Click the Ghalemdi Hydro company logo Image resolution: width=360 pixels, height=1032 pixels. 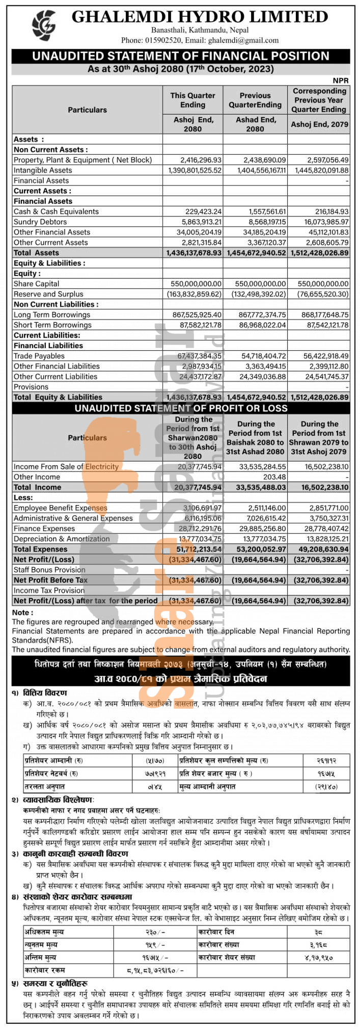tap(44, 25)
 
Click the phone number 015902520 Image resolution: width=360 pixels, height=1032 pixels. tap(162, 40)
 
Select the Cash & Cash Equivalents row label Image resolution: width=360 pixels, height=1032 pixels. tap(56, 211)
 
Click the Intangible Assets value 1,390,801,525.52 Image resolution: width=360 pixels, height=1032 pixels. tap(194, 170)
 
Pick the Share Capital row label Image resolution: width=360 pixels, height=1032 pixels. tap(36, 284)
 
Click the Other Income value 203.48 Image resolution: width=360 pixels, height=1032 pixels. tap(274, 477)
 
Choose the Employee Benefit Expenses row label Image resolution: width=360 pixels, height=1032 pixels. tap(60, 508)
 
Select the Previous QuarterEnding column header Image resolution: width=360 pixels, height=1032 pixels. tap(255, 100)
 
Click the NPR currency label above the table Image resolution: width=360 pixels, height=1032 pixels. tap(341, 80)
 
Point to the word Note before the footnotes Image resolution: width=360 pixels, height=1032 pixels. tap(21, 612)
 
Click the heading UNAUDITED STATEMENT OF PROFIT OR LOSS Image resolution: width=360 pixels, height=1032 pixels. tap(181, 408)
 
